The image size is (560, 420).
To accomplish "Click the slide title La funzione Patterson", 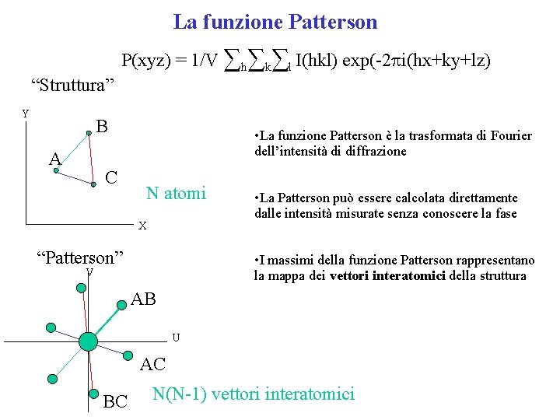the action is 275,22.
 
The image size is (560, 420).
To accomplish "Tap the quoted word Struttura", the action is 72,85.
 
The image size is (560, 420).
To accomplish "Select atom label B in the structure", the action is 101,126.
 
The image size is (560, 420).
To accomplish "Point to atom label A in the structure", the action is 54,159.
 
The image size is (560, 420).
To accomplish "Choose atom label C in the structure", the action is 111,177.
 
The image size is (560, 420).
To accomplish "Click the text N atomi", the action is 177,193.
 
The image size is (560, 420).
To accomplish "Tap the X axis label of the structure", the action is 142,226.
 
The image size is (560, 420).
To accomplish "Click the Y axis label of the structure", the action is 25,114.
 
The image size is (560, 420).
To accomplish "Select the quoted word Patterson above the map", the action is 82,257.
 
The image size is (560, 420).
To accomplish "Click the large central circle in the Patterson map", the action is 88,341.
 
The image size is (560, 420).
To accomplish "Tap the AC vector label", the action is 152,364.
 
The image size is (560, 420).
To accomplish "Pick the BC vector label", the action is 115,401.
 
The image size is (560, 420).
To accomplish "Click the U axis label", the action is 176,338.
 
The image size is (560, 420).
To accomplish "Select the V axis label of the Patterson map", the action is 90,271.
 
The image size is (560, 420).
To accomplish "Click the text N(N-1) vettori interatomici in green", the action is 254,394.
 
